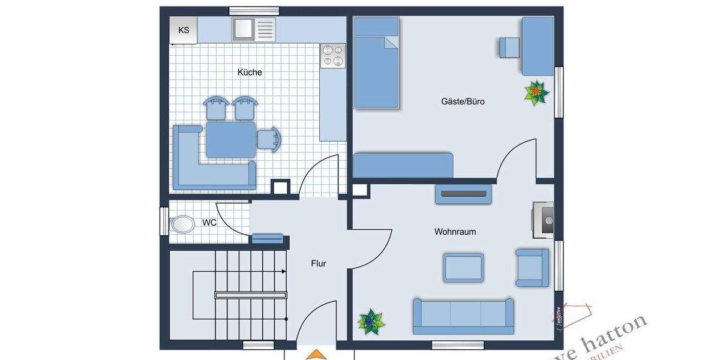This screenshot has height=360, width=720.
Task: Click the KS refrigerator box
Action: [183, 30]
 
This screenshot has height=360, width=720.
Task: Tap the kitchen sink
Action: [244, 29]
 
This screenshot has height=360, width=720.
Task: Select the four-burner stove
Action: [333, 55]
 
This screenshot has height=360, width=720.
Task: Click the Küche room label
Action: [250, 72]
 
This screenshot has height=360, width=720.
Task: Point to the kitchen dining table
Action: [230, 139]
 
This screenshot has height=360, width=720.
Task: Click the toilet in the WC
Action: [182, 224]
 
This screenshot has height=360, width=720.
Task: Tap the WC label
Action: [209, 223]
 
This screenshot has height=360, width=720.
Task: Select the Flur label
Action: [318, 263]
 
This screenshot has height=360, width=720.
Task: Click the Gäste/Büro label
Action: [463, 101]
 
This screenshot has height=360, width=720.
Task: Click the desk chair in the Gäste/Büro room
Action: [509, 47]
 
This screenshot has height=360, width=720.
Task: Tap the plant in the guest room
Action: [536, 93]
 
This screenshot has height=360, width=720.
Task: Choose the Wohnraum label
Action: [455, 231]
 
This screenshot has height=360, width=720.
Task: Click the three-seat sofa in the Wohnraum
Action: [463, 316]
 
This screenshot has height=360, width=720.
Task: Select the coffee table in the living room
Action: [463, 268]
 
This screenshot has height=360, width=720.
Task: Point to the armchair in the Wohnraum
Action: [532, 267]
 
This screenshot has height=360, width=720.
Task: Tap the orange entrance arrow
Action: [317, 355]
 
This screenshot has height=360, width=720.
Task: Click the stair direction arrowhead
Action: [283, 272]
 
